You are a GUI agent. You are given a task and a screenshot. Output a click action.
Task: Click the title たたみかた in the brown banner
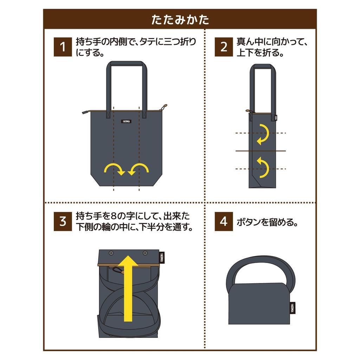point(180,19)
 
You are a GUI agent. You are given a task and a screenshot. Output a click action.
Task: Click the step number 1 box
point(63,47)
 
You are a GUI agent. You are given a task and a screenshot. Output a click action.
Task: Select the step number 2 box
point(224,47)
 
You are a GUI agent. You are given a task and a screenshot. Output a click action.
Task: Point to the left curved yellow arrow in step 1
point(114,169)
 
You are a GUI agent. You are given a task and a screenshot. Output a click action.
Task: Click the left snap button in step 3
point(111,253)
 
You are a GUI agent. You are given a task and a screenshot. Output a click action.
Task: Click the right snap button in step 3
point(145,253)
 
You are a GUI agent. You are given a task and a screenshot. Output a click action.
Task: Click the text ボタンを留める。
point(267,222)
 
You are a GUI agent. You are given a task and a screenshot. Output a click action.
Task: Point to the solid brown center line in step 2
point(261,151)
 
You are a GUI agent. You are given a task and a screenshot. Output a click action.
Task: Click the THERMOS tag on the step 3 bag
point(162,257)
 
